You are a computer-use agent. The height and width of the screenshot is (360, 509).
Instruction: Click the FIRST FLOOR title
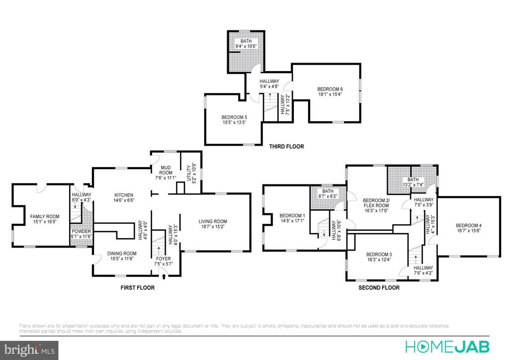[x=137, y=287]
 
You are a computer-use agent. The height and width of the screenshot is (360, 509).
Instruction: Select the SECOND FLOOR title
[x=379, y=287]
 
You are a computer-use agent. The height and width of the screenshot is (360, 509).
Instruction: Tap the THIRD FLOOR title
[x=286, y=147]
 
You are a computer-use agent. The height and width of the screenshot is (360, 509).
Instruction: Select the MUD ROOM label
[x=166, y=170]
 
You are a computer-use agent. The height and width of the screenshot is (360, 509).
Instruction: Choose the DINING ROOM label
[x=122, y=254]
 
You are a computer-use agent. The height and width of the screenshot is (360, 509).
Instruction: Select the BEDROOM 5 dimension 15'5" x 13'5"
[x=234, y=123]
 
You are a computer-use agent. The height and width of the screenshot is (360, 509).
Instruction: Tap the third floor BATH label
[x=247, y=41]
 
